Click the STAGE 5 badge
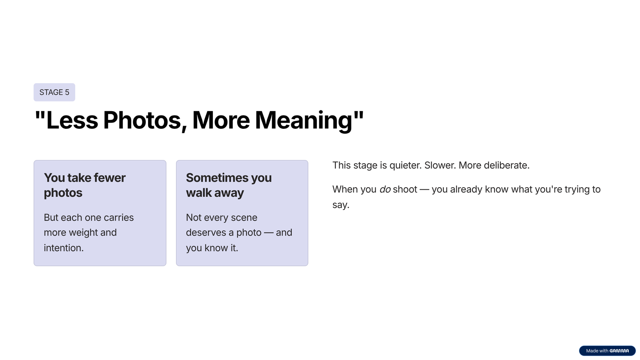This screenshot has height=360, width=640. pyautogui.click(x=54, y=92)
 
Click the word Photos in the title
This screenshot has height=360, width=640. pyautogui.click(x=142, y=120)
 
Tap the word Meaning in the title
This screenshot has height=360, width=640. pyautogui.click(x=304, y=120)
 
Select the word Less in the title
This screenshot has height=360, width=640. pyautogui.click(x=72, y=120)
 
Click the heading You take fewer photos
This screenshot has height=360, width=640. pyautogui.click(x=84, y=185)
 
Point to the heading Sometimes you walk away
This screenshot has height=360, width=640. pyautogui.click(x=228, y=185)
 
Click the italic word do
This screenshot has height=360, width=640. pyautogui.click(x=385, y=189)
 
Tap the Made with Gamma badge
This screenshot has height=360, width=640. pyautogui.click(x=607, y=350)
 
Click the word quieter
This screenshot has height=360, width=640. pyautogui.click(x=405, y=165)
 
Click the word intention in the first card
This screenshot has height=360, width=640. pyautogui.click(x=64, y=248)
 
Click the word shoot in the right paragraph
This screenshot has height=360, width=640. pyautogui.click(x=405, y=189)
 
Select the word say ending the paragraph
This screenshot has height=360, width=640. pyautogui.click(x=340, y=205)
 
